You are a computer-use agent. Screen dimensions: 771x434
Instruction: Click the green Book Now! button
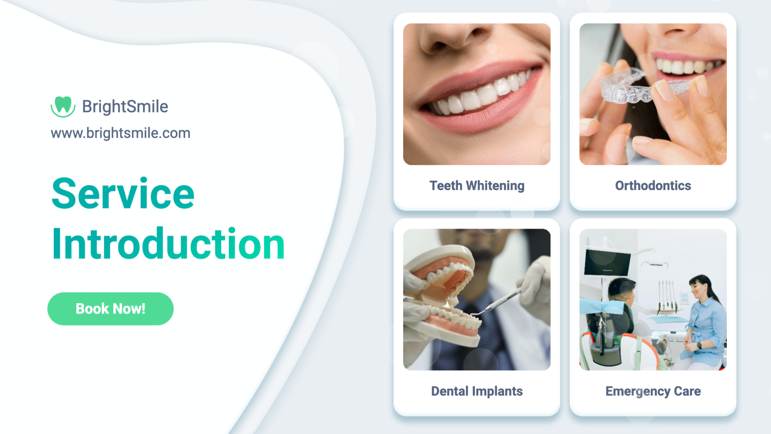[110, 309]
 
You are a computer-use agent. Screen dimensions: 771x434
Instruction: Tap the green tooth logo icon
[63, 106]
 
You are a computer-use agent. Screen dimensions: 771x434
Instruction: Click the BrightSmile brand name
[125, 106]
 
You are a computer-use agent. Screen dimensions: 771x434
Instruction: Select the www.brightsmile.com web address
[120, 133]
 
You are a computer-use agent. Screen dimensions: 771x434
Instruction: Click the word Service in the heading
[123, 194]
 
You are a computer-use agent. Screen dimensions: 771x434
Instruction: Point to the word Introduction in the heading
[168, 244]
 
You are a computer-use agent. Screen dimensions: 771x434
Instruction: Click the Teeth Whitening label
[477, 186]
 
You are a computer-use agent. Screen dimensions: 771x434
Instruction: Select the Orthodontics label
[653, 186]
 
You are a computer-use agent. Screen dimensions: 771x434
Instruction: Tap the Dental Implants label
[477, 391]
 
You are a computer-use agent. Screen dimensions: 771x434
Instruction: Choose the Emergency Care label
[653, 391]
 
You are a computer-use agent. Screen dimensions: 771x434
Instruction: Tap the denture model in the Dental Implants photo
[442, 295]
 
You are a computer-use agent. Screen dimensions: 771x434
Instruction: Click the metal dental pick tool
[498, 303]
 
